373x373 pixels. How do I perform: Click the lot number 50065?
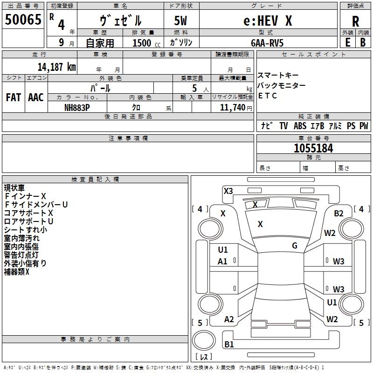[x=23, y=20]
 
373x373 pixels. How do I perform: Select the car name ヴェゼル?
[x=121, y=21]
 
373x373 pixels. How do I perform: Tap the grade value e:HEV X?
[x=268, y=21]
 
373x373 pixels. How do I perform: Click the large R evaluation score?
[x=355, y=21]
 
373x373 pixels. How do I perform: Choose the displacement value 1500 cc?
[x=146, y=43]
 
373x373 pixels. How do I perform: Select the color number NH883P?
[x=77, y=107]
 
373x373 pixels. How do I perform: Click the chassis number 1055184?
[x=313, y=148]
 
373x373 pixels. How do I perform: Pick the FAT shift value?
[x=14, y=97]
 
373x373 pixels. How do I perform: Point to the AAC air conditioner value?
[x=36, y=97]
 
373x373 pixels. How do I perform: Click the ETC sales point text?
[x=268, y=96]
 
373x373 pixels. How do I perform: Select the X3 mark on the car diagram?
[x=228, y=191]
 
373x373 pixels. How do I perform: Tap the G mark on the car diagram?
[x=294, y=246]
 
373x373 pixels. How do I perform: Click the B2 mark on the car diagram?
[x=338, y=214]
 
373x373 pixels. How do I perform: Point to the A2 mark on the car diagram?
[x=229, y=319]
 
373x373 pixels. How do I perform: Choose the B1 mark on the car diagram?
[x=229, y=345]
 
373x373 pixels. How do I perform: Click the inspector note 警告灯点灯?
[x=21, y=255]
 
